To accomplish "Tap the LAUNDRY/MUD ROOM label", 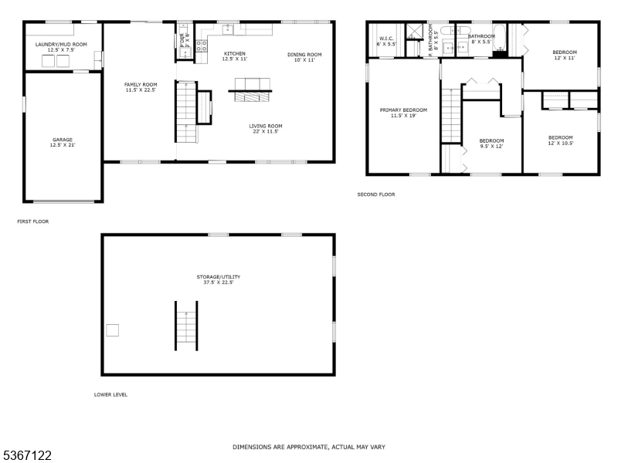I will click(x=61, y=45).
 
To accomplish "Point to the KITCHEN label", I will click(x=234, y=54).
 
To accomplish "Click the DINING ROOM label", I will click(x=304, y=54).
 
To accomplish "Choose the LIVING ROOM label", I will click(x=265, y=126).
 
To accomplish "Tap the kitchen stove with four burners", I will click(x=202, y=46).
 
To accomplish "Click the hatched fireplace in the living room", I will click(x=250, y=95).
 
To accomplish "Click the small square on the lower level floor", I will click(x=113, y=330).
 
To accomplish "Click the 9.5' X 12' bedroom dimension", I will click(x=491, y=146).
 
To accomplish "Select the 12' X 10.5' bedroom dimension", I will click(x=561, y=142).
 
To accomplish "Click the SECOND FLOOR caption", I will click(x=375, y=194).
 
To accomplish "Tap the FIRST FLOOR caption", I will click(x=32, y=221).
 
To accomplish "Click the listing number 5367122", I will click(x=27, y=456).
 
